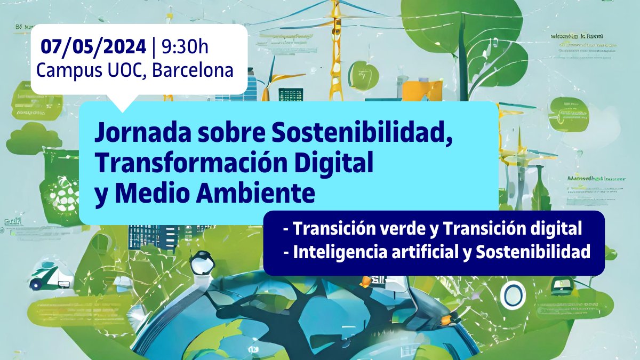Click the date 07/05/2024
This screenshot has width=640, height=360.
[x=93, y=47]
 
